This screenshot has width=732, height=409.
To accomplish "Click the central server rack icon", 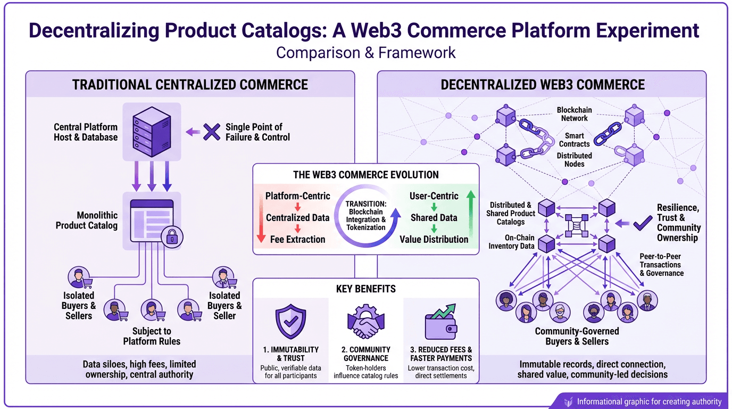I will [152, 132].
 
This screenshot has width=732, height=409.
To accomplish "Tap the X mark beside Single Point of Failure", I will [212, 132].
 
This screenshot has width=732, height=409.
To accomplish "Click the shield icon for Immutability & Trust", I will [290, 322].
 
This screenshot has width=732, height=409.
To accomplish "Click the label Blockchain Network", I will [575, 114].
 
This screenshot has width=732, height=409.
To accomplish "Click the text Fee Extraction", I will [297, 239].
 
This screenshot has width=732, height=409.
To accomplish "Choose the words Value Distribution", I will [434, 239].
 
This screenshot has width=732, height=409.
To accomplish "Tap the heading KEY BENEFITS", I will [365, 289].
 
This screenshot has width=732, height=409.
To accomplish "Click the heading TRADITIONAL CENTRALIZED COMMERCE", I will [190, 85].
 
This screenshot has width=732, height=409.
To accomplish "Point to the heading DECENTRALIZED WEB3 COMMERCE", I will [543, 85].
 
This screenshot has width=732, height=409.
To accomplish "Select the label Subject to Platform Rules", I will [152, 336].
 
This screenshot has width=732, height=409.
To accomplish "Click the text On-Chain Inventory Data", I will [511, 242].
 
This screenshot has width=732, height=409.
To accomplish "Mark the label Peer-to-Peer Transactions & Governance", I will [661, 265].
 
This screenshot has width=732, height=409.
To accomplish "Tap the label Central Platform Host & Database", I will [86, 132].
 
